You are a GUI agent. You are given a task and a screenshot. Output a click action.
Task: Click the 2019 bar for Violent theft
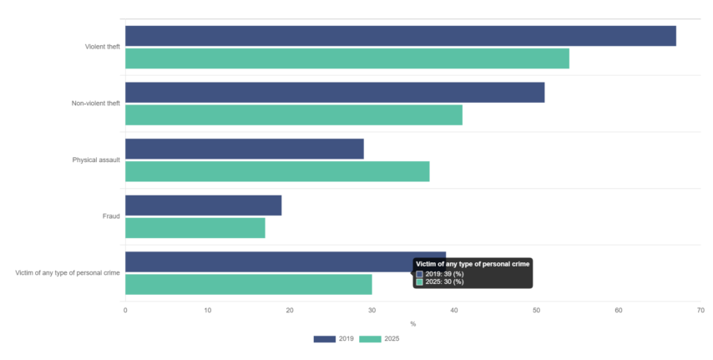tap(401, 36)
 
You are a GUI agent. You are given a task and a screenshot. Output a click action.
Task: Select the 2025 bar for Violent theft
tap(347, 58)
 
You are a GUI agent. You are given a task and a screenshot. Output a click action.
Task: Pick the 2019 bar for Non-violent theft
tap(335, 93)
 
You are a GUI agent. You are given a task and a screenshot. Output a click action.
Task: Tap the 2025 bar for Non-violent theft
tap(294, 114)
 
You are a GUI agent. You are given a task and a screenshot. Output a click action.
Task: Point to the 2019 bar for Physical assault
tap(245, 149)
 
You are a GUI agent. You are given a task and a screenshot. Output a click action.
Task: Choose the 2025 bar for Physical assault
tap(277, 171)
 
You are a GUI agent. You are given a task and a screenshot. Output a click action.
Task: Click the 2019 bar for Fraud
tap(203, 205)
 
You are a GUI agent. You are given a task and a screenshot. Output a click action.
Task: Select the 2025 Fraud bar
tap(195, 227)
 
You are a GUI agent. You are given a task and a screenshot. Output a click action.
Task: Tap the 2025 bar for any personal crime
tap(249, 285)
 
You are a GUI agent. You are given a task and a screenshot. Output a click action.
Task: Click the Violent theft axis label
tap(103, 47)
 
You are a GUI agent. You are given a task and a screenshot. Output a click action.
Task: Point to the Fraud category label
tap(111, 216)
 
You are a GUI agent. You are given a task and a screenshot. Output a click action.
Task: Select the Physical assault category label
tap(96, 160)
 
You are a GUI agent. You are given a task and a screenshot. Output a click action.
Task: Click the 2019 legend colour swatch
tap(325, 339)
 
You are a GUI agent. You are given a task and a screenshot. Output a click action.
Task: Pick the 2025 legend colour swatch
tap(370, 339)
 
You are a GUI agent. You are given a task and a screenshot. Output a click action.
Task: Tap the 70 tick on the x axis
tap(700, 311)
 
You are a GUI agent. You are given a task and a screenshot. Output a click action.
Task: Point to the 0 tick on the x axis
tap(125, 311)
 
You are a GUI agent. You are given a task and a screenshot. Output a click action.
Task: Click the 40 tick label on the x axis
tap(454, 311)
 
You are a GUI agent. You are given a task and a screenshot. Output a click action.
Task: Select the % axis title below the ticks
tap(413, 324)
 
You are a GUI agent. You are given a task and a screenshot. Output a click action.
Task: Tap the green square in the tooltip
tap(420, 282)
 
